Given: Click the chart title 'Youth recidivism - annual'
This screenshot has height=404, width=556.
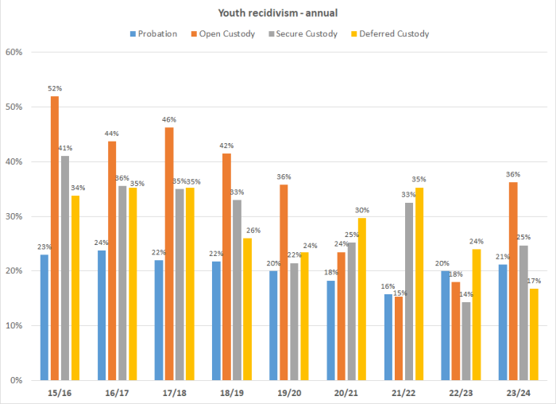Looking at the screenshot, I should click(x=277, y=14).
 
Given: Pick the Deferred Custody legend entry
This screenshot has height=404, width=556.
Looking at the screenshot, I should click(x=394, y=33).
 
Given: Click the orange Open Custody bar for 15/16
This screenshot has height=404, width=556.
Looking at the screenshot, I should click(x=55, y=238).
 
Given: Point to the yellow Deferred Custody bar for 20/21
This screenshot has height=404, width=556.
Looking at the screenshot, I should click(x=362, y=299).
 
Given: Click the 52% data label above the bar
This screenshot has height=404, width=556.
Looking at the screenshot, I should click(x=55, y=88).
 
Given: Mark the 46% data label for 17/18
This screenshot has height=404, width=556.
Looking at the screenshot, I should click(x=169, y=119).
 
